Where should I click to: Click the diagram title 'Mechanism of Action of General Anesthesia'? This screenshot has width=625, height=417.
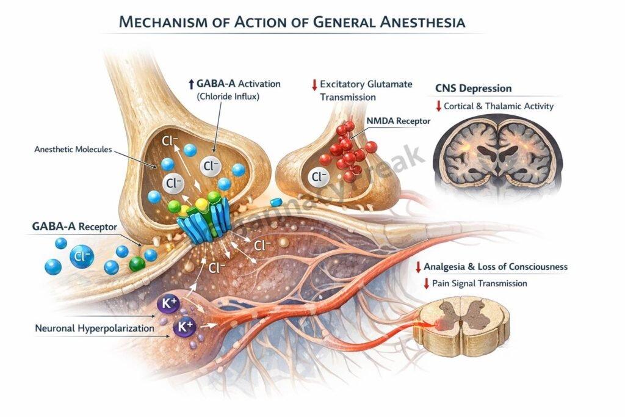point(292,23)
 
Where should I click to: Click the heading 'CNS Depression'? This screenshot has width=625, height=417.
point(473,89)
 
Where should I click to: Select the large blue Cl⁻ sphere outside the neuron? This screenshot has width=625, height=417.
point(81,256)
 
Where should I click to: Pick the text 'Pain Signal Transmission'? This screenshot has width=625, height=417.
point(480,283)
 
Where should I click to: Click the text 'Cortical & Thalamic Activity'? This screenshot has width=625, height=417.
point(499,106)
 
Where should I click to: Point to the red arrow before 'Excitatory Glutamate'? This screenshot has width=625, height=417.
point(314,84)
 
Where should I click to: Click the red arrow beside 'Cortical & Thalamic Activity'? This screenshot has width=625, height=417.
point(438,106)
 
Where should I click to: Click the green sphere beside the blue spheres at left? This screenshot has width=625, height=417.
point(137,264)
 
